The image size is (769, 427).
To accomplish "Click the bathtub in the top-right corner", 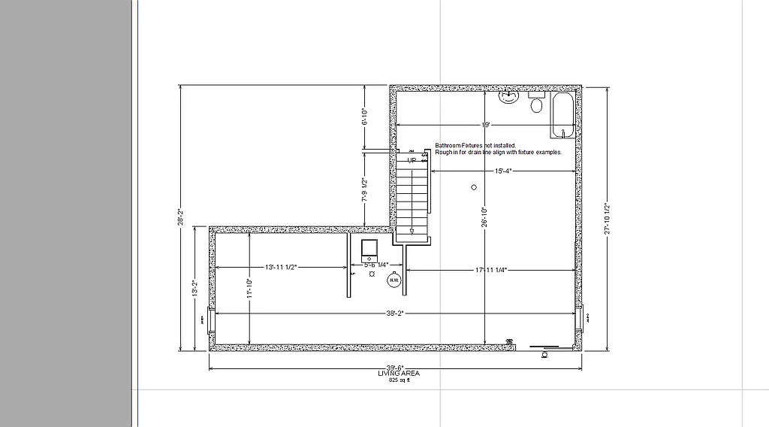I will tap(562, 117).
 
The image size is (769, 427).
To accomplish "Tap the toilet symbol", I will tap(536, 104).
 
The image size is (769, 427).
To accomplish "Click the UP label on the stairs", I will tap(412, 160).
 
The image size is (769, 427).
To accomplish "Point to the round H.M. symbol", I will tap(393, 280).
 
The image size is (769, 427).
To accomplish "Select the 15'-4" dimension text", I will tap(503, 171).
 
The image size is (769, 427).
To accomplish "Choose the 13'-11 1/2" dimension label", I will tap(281, 268).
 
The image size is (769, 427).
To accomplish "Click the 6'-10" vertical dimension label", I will tap(364, 117).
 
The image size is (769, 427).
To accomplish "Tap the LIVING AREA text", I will tap(398, 374).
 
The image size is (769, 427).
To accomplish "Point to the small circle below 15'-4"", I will tap(474, 186).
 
